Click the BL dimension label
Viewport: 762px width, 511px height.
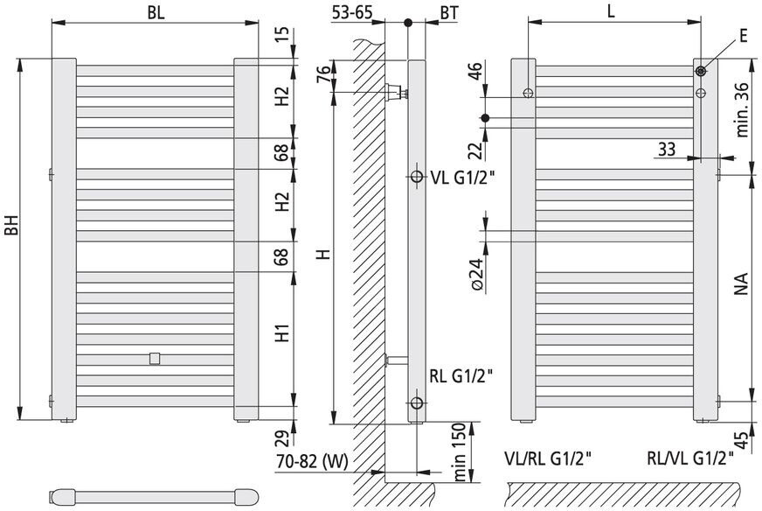click(156, 12)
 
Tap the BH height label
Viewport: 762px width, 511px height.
click(11, 225)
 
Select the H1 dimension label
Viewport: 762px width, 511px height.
click(282, 332)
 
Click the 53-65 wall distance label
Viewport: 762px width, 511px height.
click(352, 12)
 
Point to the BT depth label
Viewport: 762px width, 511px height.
click(449, 13)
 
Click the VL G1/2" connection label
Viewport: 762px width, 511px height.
click(462, 178)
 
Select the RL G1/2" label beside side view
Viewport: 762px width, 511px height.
click(461, 376)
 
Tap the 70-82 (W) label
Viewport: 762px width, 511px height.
click(313, 461)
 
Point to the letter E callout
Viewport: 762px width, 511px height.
click(743, 36)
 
